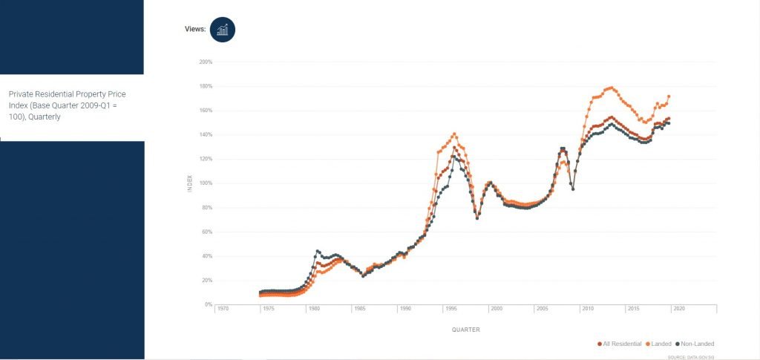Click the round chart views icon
[x=223, y=30]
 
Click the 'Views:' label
[x=194, y=30]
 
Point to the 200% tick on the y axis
[x=206, y=62]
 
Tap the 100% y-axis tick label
[x=206, y=183]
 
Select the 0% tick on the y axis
[x=208, y=304]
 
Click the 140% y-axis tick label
[x=206, y=135]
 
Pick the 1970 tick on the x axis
[x=222, y=309]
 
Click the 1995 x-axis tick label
[x=451, y=309]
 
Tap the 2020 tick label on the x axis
[x=678, y=309]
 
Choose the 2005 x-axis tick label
[x=542, y=309]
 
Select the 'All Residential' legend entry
[x=620, y=344]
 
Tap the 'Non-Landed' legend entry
[x=695, y=344]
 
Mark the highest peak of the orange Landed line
[x=610, y=88]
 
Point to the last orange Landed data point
[x=669, y=96]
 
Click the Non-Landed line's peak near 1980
[x=318, y=251]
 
